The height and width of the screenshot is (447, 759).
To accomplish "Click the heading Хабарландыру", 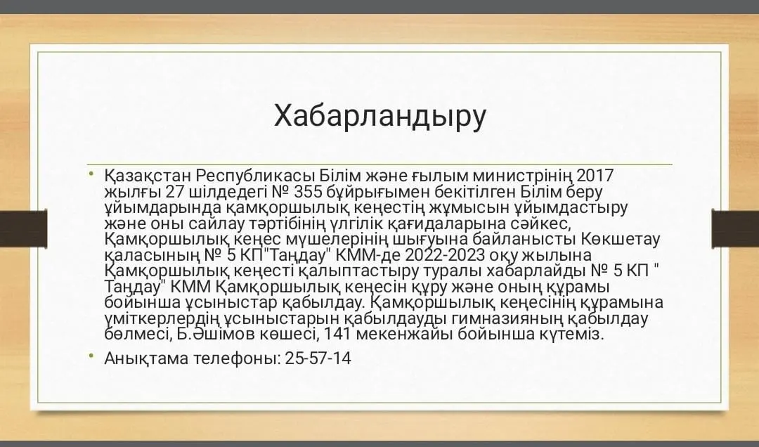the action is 380,117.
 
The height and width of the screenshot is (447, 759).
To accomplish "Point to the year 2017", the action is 595,175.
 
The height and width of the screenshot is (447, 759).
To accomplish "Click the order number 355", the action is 308,192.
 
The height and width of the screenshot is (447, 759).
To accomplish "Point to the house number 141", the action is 339,334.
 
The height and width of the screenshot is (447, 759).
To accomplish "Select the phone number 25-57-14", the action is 318,358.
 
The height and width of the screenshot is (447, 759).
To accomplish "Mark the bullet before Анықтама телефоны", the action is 91,356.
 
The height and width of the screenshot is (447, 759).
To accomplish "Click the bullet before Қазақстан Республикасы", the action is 91,173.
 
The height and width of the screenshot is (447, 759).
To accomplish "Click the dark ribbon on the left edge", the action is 24,228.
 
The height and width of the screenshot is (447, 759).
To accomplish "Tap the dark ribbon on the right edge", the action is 735,228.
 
